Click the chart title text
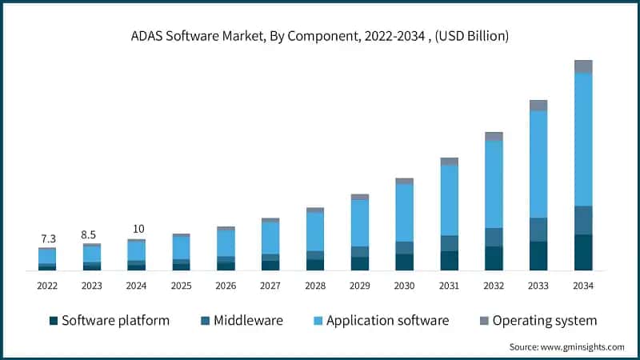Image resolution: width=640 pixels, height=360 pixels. (320, 36)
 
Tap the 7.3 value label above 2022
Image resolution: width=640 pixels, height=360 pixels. (47, 238)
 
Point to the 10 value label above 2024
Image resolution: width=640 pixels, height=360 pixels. (136, 230)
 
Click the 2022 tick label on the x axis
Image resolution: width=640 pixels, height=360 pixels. (47, 285)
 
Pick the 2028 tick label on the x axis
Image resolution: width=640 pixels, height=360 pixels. (315, 285)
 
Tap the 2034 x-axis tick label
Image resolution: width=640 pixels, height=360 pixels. (583, 285)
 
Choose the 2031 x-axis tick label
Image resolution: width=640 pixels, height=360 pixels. (449, 285)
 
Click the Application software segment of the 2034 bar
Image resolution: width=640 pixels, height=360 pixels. (583, 139)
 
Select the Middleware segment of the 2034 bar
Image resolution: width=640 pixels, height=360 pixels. (583, 220)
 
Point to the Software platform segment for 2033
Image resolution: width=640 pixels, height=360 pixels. (538, 256)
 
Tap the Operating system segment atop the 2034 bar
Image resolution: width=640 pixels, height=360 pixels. (583, 66)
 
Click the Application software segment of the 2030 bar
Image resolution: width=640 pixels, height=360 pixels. (405, 213)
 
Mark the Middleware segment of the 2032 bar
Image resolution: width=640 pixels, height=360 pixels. (494, 237)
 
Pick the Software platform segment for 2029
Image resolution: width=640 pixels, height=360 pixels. (360, 263)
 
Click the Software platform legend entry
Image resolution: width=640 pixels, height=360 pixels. (110, 321)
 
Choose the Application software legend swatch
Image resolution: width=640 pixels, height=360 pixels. (318, 321)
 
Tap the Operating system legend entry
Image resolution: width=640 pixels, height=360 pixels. (536, 321)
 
